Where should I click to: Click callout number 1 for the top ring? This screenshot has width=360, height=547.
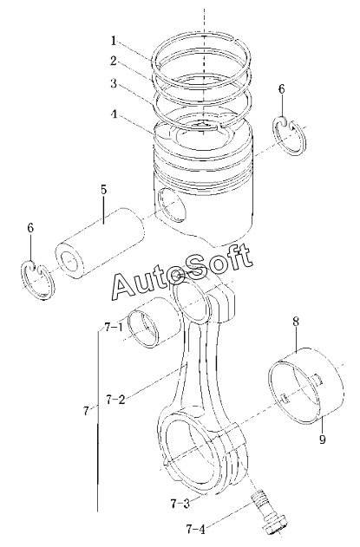pos(114,41)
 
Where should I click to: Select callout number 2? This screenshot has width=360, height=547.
pos(114,61)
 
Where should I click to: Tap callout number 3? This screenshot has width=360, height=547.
pos(114,84)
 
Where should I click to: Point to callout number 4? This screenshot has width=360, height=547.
pos(114,114)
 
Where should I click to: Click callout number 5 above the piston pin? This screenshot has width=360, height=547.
pos(103,190)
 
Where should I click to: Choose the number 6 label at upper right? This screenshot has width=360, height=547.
pos(281,89)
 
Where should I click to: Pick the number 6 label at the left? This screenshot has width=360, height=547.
pos(30,228)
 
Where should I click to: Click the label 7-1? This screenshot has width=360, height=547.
pos(114,328)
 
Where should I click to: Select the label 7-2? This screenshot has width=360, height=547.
pos(115,400)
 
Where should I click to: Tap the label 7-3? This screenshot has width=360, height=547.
pos(180,504)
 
